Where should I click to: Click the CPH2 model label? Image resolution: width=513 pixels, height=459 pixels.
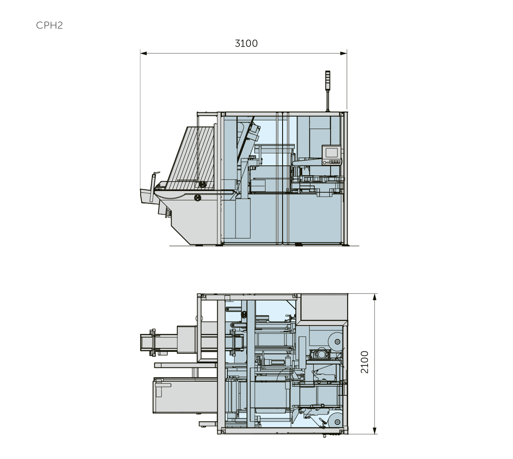pos(49,25)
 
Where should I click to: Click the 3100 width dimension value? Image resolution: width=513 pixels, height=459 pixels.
pos(246,43)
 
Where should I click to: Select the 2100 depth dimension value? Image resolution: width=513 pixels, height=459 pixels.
pos(364,362)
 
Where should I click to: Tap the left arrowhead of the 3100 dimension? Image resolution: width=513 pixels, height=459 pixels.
pos(143,53)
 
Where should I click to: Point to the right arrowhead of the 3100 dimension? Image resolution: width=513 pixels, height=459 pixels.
pos(344,53)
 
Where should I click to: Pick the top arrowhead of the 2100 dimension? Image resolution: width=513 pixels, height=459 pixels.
pos(375,297)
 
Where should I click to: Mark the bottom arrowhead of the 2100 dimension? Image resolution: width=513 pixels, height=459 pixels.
pos(375,431)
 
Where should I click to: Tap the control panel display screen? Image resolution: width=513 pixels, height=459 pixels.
pos(331,153)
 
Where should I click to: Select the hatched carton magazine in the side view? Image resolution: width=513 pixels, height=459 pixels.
pos(193,157)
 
